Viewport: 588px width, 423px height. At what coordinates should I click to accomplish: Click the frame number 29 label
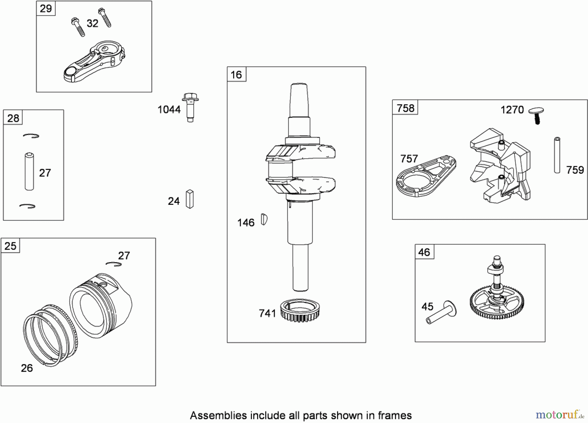click(x=46, y=8)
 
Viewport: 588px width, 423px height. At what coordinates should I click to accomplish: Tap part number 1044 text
click(x=169, y=109)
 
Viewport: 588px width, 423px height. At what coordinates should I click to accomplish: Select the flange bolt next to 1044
click(x=190, y=107)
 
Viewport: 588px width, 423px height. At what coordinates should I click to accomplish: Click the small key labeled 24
click(x=190, y=199)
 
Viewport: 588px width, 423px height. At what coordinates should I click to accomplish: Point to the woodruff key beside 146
click(x=264, y=219)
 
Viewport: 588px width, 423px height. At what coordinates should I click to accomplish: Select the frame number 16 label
click(x=236, y=74)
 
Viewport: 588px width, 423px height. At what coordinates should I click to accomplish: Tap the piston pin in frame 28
click(x=29, y=171)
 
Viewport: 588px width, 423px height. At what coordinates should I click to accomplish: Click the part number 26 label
click(x=27, y=368)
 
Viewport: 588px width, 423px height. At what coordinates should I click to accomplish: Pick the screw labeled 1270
click(x=536, y=115)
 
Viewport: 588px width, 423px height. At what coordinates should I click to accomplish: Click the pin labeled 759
click(x=557, y=155)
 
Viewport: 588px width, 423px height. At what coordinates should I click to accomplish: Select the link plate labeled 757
click(x=426, y=176)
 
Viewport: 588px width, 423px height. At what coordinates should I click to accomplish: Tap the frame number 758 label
click(x=405, y=108)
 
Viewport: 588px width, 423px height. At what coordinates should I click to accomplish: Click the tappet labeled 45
click(x=441, y=313)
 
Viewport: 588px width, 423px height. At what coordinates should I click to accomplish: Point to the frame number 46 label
click(x=424, y=252)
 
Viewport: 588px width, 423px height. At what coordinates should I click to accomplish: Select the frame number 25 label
click(x=10, y=246)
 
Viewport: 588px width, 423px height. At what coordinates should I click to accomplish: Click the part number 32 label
click(x=92, y=23)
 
